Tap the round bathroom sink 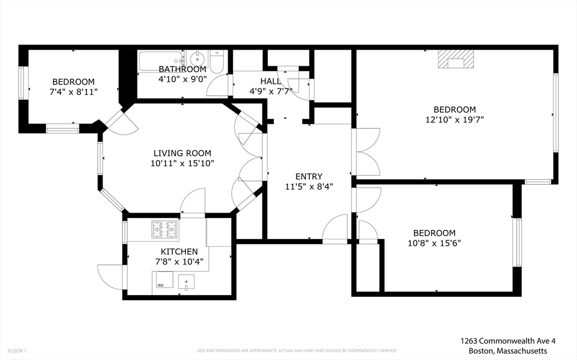pos(197,59)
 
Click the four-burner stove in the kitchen pos(164,229)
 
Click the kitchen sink pos(186,282)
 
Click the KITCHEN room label pos(179,251)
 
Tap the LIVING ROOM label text pos(183,153)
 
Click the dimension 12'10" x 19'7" pos(455,119)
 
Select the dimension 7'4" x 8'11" pos(73,91)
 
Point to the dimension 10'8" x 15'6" pos(434,243)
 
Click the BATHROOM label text pos(182,69)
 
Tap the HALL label pos(270,81)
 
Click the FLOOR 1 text pos(17,350)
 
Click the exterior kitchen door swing pos(109,277)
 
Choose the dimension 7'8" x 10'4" pos(179,261)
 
